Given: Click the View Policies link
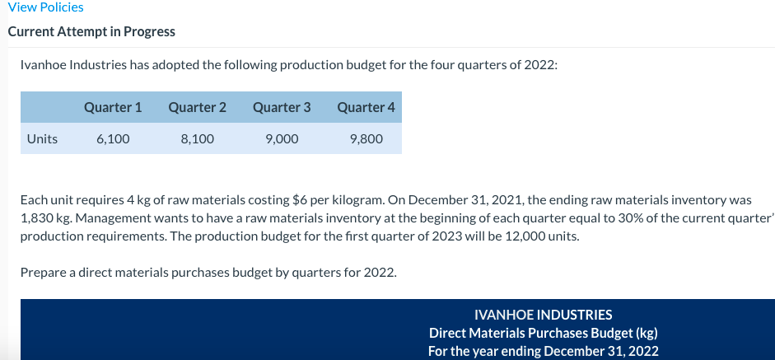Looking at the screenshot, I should [x=45, y=7].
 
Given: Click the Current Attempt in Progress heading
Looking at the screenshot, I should [x=91, y=31].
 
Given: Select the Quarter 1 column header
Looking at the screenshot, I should [x=113, y=107].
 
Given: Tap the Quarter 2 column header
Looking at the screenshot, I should [x=197, y=107].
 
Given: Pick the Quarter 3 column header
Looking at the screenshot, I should [x=282, y=107].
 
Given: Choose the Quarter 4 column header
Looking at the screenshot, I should [x=366, y=107].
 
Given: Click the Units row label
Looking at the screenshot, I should [x=42, y=138].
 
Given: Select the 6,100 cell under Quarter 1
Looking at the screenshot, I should [x=113, y=138].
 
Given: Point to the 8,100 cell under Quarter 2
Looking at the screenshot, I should [x=197, y=138].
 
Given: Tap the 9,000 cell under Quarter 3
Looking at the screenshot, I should [x=282, y=138].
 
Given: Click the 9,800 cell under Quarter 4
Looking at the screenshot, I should [x=366, y=138].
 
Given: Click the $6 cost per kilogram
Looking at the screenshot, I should [x=301, y=199].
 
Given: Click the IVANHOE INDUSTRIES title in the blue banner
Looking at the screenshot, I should [x=544, y=315].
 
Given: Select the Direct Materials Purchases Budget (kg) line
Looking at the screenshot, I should [x=544, y=333].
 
